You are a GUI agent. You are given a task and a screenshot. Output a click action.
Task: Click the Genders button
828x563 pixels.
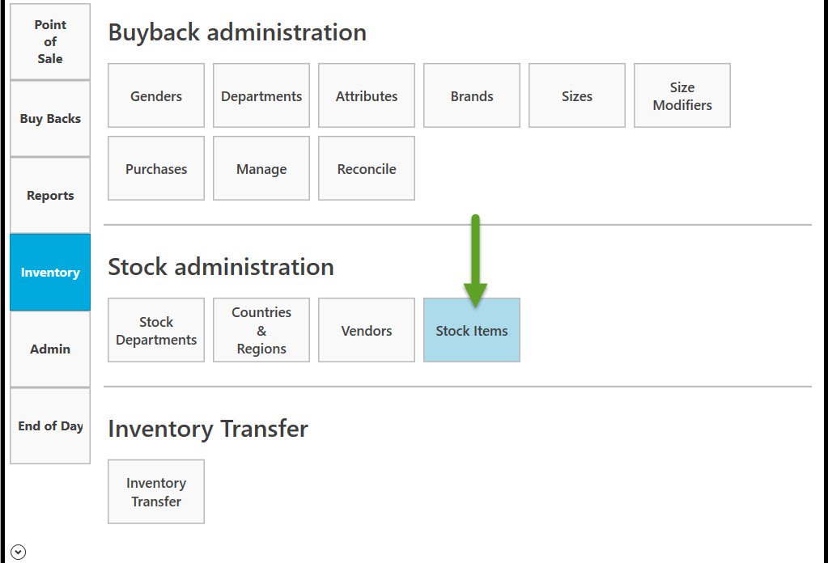click(156, 95)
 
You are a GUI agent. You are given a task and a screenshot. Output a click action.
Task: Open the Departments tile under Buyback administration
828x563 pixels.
click(261, 95)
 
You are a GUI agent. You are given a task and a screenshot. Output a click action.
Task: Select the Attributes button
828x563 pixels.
click(367, 95)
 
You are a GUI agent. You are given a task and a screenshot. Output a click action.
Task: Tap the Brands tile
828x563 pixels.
click(472, 95)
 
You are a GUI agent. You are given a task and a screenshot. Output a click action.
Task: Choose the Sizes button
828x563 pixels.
click(576, 95)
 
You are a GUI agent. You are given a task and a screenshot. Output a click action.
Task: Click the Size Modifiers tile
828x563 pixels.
click(682, 95)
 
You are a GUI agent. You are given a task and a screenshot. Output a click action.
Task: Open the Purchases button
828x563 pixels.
click(156, 168)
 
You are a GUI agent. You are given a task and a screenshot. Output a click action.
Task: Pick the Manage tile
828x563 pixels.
click(261, 168)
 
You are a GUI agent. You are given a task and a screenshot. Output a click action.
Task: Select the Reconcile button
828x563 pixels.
click(367, 168)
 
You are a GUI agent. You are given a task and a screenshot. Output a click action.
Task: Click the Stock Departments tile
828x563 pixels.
click(156, 330)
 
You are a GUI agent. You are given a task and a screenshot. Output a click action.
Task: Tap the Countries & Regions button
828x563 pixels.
click(261, 330)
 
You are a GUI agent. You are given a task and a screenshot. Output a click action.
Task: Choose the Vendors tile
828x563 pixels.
click(367, 330)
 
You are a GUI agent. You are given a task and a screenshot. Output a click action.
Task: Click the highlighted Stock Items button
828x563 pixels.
click(472, 330)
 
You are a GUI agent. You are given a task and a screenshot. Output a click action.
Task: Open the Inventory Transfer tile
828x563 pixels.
click(156, 492)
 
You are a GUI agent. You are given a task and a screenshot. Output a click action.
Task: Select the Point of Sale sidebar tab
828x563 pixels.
click(50, 42)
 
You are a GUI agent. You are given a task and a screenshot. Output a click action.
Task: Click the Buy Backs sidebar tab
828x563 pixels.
click(50, 119)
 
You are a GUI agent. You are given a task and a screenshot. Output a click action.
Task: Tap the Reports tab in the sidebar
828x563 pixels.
click(50, 196)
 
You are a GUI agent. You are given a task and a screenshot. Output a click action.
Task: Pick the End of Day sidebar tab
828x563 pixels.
click(50, 425)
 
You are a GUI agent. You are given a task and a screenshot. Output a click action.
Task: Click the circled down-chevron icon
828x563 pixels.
click(18, 552)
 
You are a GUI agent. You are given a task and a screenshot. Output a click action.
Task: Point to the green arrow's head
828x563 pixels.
click(475, 306)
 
